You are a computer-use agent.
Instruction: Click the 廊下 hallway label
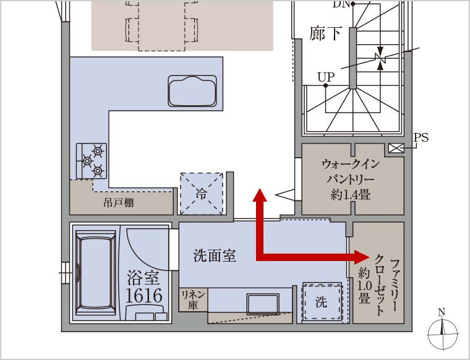pos(325,33)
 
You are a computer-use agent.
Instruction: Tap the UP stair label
pos(326,77)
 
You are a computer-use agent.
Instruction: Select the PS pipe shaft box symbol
pos(396,148)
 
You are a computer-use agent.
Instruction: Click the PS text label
pos(421,137)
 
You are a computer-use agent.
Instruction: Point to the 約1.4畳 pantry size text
pos(351,195)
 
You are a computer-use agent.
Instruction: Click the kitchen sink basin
pos(192,91)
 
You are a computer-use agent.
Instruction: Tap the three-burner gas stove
pos(92,161)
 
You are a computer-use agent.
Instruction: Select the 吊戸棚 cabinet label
pos(118,203)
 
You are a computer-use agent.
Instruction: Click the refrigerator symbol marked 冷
pos(202,194)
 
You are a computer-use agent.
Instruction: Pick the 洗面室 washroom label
pos(215,255)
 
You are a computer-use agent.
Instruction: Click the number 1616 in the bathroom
pos(144,296)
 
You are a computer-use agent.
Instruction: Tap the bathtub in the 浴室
pos(96,272)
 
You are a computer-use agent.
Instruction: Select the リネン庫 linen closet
pos(193,300)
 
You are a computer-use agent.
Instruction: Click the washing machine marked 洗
pos(322,302)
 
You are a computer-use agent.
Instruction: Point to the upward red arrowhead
pos(260,195)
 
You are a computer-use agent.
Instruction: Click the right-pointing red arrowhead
pos(362,257)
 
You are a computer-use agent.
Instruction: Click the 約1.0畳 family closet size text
pos(364,285)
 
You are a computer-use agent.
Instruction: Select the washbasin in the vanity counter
pos(263,304)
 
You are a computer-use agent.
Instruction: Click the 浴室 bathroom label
pos(143,278)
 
